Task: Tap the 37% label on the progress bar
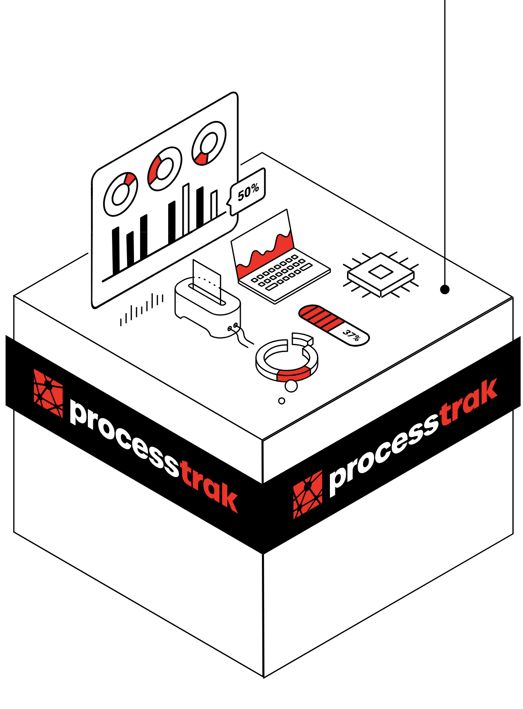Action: point(351,335)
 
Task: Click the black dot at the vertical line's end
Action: point(445,289)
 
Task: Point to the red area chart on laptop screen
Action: point(265,255)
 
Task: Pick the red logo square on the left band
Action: point(48,393)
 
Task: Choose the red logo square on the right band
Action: point(308,494)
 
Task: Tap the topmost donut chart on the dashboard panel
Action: point(209,143)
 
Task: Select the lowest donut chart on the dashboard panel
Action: point(120,194)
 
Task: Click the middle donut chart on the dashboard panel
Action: point(164,168)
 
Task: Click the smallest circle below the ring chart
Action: point(281,401)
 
